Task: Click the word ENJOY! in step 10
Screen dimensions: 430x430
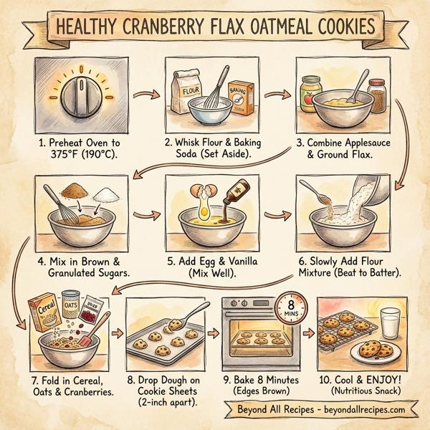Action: click(x=382, y=378)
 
